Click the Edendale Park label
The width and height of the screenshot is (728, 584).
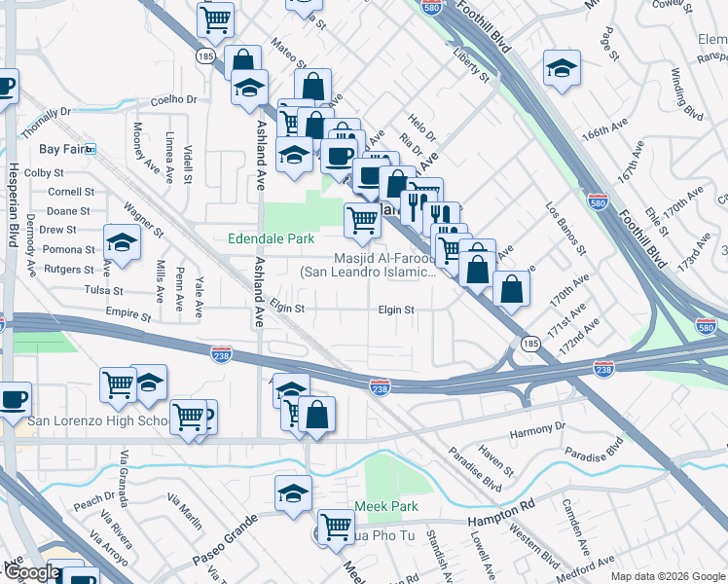click(271, 238)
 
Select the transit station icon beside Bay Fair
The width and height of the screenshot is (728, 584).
click(91, 149)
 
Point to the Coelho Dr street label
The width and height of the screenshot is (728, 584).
click(174, 99)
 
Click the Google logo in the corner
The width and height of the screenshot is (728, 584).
click(32, 572)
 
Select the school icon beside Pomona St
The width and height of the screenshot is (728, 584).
click(122, 242)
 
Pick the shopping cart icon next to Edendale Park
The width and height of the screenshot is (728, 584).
click(362, 220)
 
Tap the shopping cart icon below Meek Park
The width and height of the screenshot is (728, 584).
click(336, 528)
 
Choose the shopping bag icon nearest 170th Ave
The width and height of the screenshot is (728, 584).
click(511, 287)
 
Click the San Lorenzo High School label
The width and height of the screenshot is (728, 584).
click(97, 420)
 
